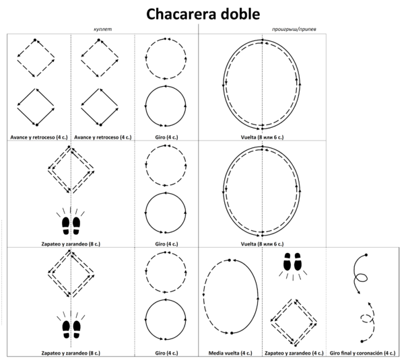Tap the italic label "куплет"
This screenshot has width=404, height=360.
[103, 29]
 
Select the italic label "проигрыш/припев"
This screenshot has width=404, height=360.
[294, 29]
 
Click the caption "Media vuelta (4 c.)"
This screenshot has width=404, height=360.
[230, 353]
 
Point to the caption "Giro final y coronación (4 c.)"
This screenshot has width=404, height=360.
[362, 353]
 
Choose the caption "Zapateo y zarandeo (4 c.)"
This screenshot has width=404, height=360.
[294, 353]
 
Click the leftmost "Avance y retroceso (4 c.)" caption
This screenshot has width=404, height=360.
[39, 137]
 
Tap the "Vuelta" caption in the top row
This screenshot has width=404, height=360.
[262, 137]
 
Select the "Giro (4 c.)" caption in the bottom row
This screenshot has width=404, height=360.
[166, 353]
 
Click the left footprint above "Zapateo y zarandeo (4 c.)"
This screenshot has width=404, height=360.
[287, 262]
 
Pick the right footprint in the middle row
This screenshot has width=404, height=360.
[77, 225]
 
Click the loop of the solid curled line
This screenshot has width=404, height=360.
[361, 278]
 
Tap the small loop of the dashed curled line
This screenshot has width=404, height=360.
[365, 318]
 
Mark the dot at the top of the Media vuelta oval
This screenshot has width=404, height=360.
[230, 260]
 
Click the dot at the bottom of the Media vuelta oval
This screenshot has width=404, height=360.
[232, 333]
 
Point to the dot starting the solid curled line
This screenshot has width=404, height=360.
[366, 255]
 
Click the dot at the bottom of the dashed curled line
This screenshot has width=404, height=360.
[362, 341]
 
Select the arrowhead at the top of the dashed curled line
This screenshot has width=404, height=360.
[370, 303]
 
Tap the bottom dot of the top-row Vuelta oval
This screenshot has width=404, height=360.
[263, 129]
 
